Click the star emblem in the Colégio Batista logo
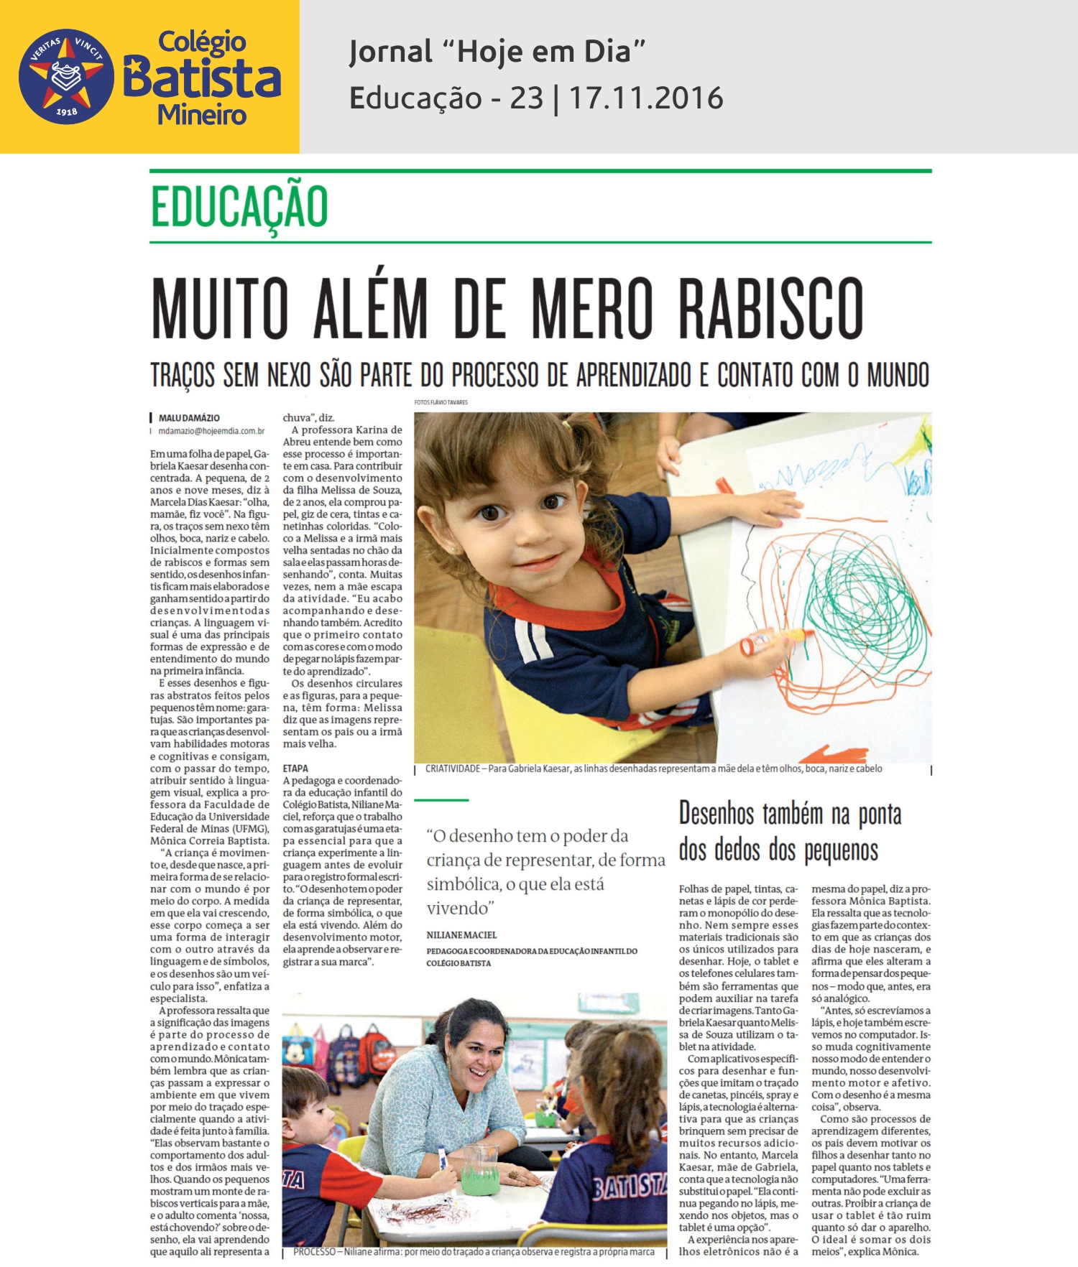tap(65, 76)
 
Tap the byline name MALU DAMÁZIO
tap(189, 418)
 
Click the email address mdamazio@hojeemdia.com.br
tap(211, 431)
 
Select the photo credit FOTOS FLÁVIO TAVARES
tap(441, 402)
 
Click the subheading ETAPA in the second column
tap(295, 769)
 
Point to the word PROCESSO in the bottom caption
tap(314, 1252)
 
